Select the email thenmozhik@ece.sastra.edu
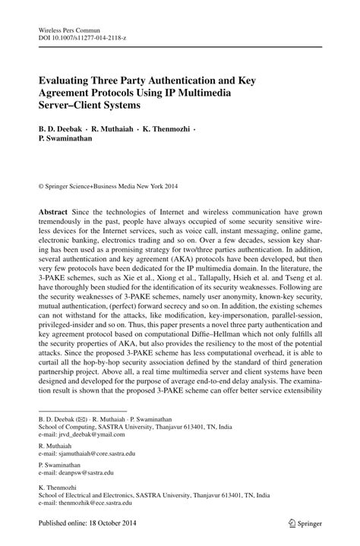(94, 503)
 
